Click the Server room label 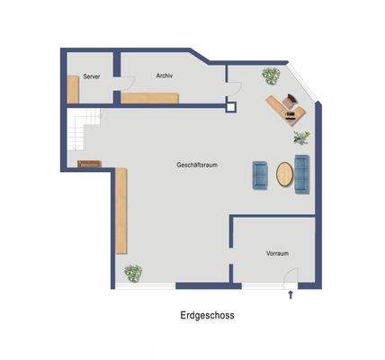[91, 77]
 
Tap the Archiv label [164, 76]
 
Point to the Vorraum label [277, 254]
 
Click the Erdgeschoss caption [207, 316]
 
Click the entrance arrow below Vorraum [290, 294]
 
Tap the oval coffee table [284, 175]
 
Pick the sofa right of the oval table [300, 174]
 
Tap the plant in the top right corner [270, 75]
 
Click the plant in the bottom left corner [133, 272]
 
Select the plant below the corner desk [301, 138]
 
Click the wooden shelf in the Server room [72, 90]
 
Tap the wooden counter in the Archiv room [149, 98]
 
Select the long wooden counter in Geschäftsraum [121, 211]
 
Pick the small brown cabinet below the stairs [90, 164]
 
